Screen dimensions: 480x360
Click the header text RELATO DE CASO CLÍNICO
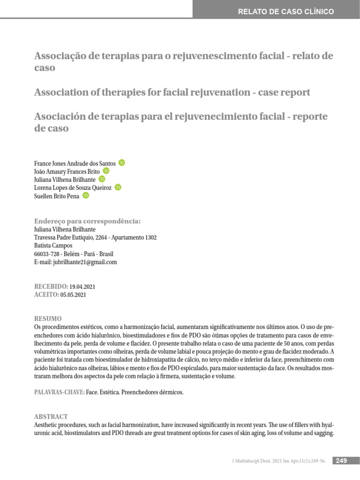coord(286,12)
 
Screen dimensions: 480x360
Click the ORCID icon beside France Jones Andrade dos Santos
coord(122,163)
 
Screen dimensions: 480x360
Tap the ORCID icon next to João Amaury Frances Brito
coord(106,171)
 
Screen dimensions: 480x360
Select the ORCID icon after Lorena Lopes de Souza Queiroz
coord(118,187)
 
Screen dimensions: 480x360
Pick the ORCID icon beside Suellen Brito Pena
coord(85,195)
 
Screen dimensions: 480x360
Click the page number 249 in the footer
coord(341,461)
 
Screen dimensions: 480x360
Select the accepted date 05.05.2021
coord(73,295)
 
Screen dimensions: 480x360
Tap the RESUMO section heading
coord(48,319)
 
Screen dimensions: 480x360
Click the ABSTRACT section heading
coord(51,417)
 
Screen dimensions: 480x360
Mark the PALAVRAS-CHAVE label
coord(60,392)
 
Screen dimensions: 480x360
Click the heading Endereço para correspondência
coord(88,221)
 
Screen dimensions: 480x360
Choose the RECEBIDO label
coord(51,286)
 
